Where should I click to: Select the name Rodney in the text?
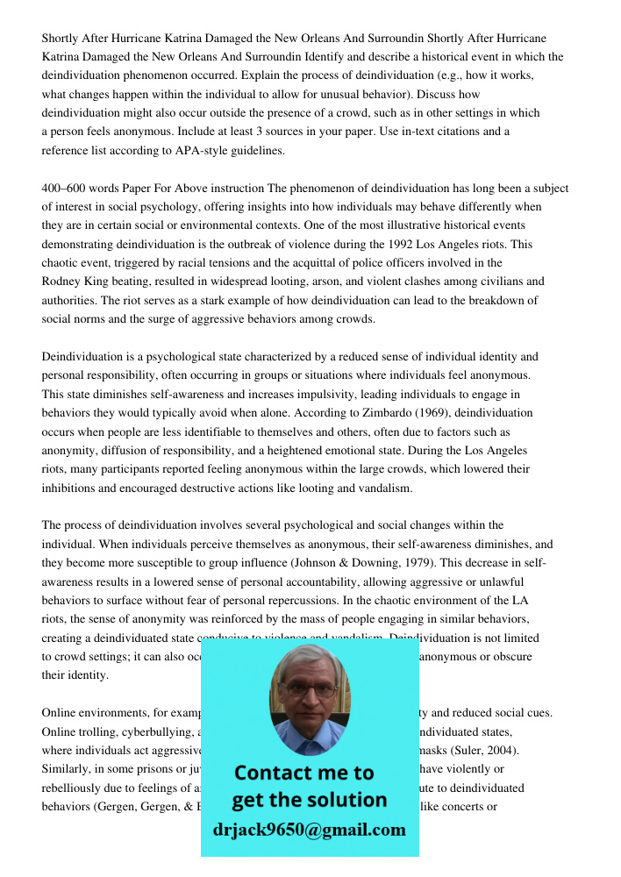click(61, 282)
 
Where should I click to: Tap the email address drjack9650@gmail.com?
click(310, 830)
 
